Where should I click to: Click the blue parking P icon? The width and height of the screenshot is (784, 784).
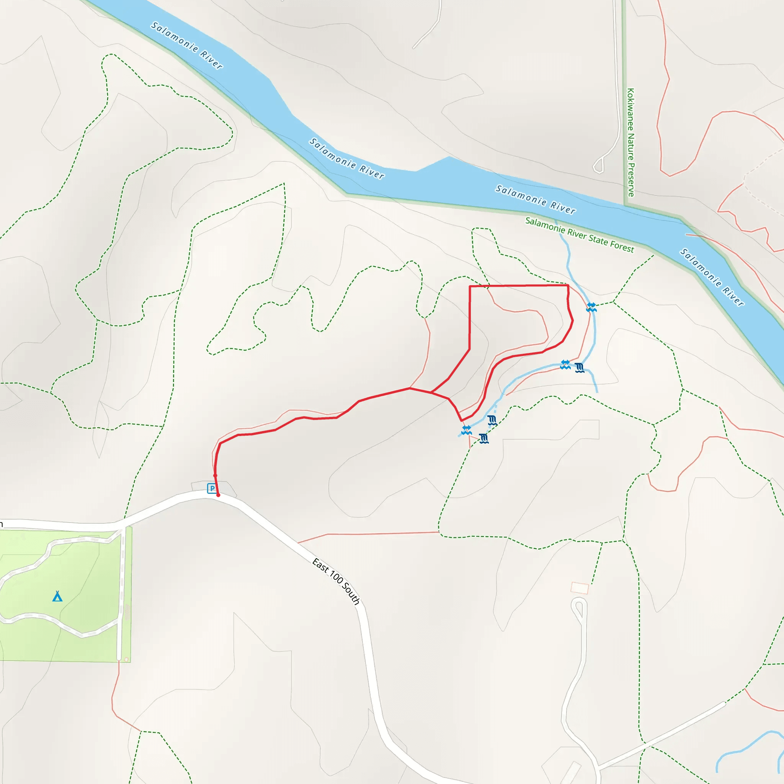(212, 488)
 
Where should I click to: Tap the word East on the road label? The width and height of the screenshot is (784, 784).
(320, 565)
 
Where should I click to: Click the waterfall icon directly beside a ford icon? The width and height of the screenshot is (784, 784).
(580, 367)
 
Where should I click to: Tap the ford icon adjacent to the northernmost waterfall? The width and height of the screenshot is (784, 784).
(565, 364)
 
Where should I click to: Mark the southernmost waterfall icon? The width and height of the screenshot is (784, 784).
(484, 438)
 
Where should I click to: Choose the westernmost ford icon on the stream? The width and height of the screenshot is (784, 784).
(467, 430)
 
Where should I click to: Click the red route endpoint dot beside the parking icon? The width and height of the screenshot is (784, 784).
(218, 495)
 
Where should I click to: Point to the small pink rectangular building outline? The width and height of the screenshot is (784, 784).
(580, 588)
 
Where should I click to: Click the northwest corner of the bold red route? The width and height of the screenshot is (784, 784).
(470, 286)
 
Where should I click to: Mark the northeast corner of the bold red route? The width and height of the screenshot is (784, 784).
(568, 286)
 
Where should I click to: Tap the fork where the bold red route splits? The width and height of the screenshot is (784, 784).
(431, 392)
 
